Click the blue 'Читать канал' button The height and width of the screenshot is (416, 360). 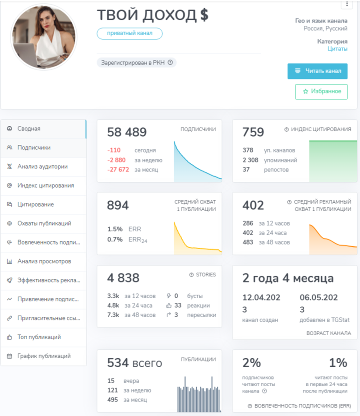pyautogui.click(x=317, y=71)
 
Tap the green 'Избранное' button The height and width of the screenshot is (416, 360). pyautogui.click(x=321, y=92)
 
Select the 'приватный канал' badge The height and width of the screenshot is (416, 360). pyautogui.click(x=129, y=33)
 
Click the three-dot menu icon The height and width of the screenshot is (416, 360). pyautogui.click(x=347, y=4)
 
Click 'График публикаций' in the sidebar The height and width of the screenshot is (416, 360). pyautogui.click(x=43, y=356)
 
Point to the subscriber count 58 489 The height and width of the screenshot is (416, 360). pyautogui.click(x=127, y=132)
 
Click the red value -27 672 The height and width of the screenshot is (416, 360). pyautogui.click(x=118, y=170)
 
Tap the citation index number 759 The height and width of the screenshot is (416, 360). pyautogui.click(x=253, y=132)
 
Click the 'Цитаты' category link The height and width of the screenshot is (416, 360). pyautogui.click(x=337, y=49)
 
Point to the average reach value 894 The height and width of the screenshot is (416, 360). pyautogui.click(x=118, y=205)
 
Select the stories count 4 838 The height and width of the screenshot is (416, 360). pyautogui.click(x=123, y=278)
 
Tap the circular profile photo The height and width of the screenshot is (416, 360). pyautogui.click(x=44, y=37)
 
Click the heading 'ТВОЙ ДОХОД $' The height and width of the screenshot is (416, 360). pyautogui.click(x=152, y=15)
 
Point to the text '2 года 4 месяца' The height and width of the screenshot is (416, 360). pyautogui.click(x=288, y=278)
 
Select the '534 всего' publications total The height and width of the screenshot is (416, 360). pyautogui.click(x=134, y=363)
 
